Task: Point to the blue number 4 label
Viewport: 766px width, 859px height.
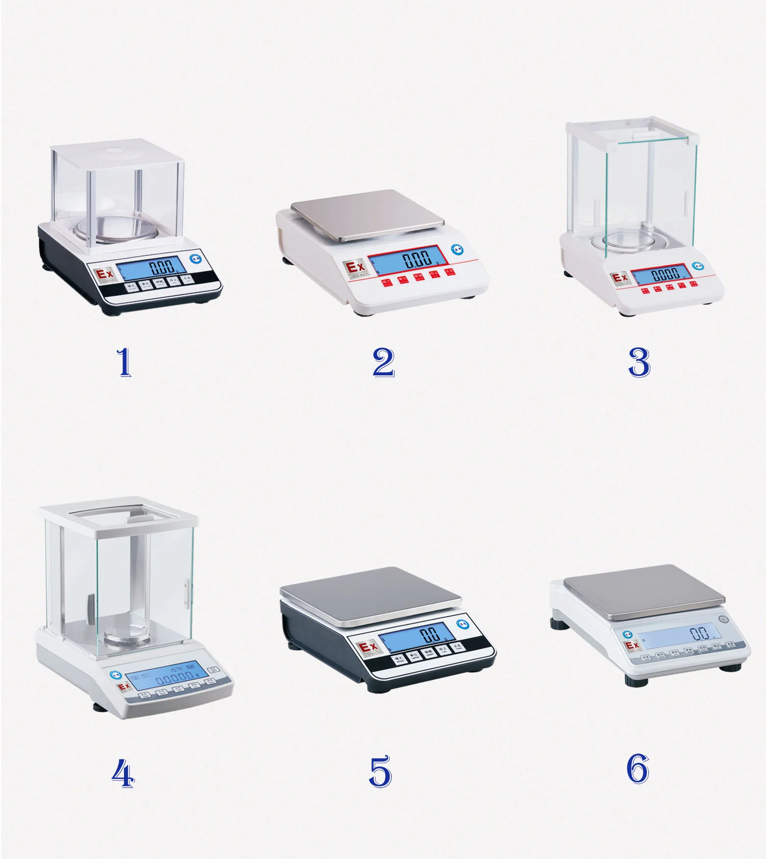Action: tap(122, 774)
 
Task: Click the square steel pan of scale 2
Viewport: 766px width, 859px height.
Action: tap(367, 215)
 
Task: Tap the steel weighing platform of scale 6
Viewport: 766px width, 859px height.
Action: tap(643, 590)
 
